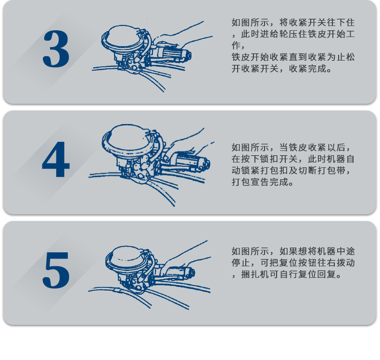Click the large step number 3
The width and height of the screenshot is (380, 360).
point(56,49)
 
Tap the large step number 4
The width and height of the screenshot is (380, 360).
point(56,159)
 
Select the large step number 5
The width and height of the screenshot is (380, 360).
point(56,270)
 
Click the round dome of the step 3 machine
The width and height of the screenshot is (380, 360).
point(122,37)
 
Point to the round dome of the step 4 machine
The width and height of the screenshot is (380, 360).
point(128,138)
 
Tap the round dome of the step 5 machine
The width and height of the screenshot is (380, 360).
point(127,257)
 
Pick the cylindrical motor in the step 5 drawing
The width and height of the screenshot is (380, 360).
point(181,273)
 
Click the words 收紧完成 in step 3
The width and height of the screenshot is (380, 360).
point(308,69)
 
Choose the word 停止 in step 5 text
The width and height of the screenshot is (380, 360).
point(241,263)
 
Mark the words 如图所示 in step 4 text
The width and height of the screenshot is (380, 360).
point(250,148)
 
